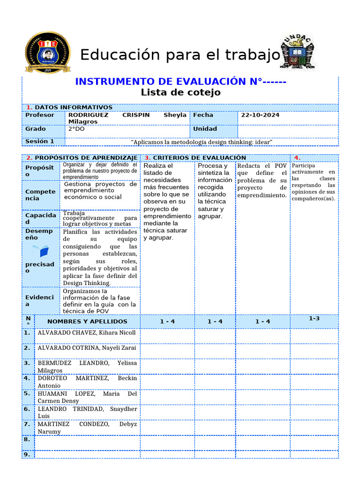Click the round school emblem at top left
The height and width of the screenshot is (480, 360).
click(47, 53)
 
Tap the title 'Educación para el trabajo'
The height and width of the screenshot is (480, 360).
click(180, 55)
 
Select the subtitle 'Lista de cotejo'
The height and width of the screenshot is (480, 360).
click(180, 92)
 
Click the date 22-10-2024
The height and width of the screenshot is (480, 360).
click(261, 115)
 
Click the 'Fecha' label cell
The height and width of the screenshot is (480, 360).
click(203, 115)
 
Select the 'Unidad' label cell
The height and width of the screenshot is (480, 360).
click(205, 129)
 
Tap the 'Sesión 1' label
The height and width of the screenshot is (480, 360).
click(40, 141)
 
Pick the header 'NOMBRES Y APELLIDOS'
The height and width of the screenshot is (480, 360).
click(88, 322)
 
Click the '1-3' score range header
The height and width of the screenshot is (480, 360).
click(314, 319)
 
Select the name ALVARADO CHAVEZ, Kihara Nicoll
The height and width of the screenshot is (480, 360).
click(87, 333)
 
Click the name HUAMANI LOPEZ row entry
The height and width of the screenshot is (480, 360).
click(87, 397)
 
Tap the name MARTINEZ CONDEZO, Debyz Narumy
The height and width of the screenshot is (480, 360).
click(87, 427)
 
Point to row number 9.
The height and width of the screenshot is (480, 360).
click(27, 454)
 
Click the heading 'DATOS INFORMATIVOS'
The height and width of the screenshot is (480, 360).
click(74, 107)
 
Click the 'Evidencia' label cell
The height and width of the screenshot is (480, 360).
click(40, 301)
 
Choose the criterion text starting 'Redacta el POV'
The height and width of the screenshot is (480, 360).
click(262, 180)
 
